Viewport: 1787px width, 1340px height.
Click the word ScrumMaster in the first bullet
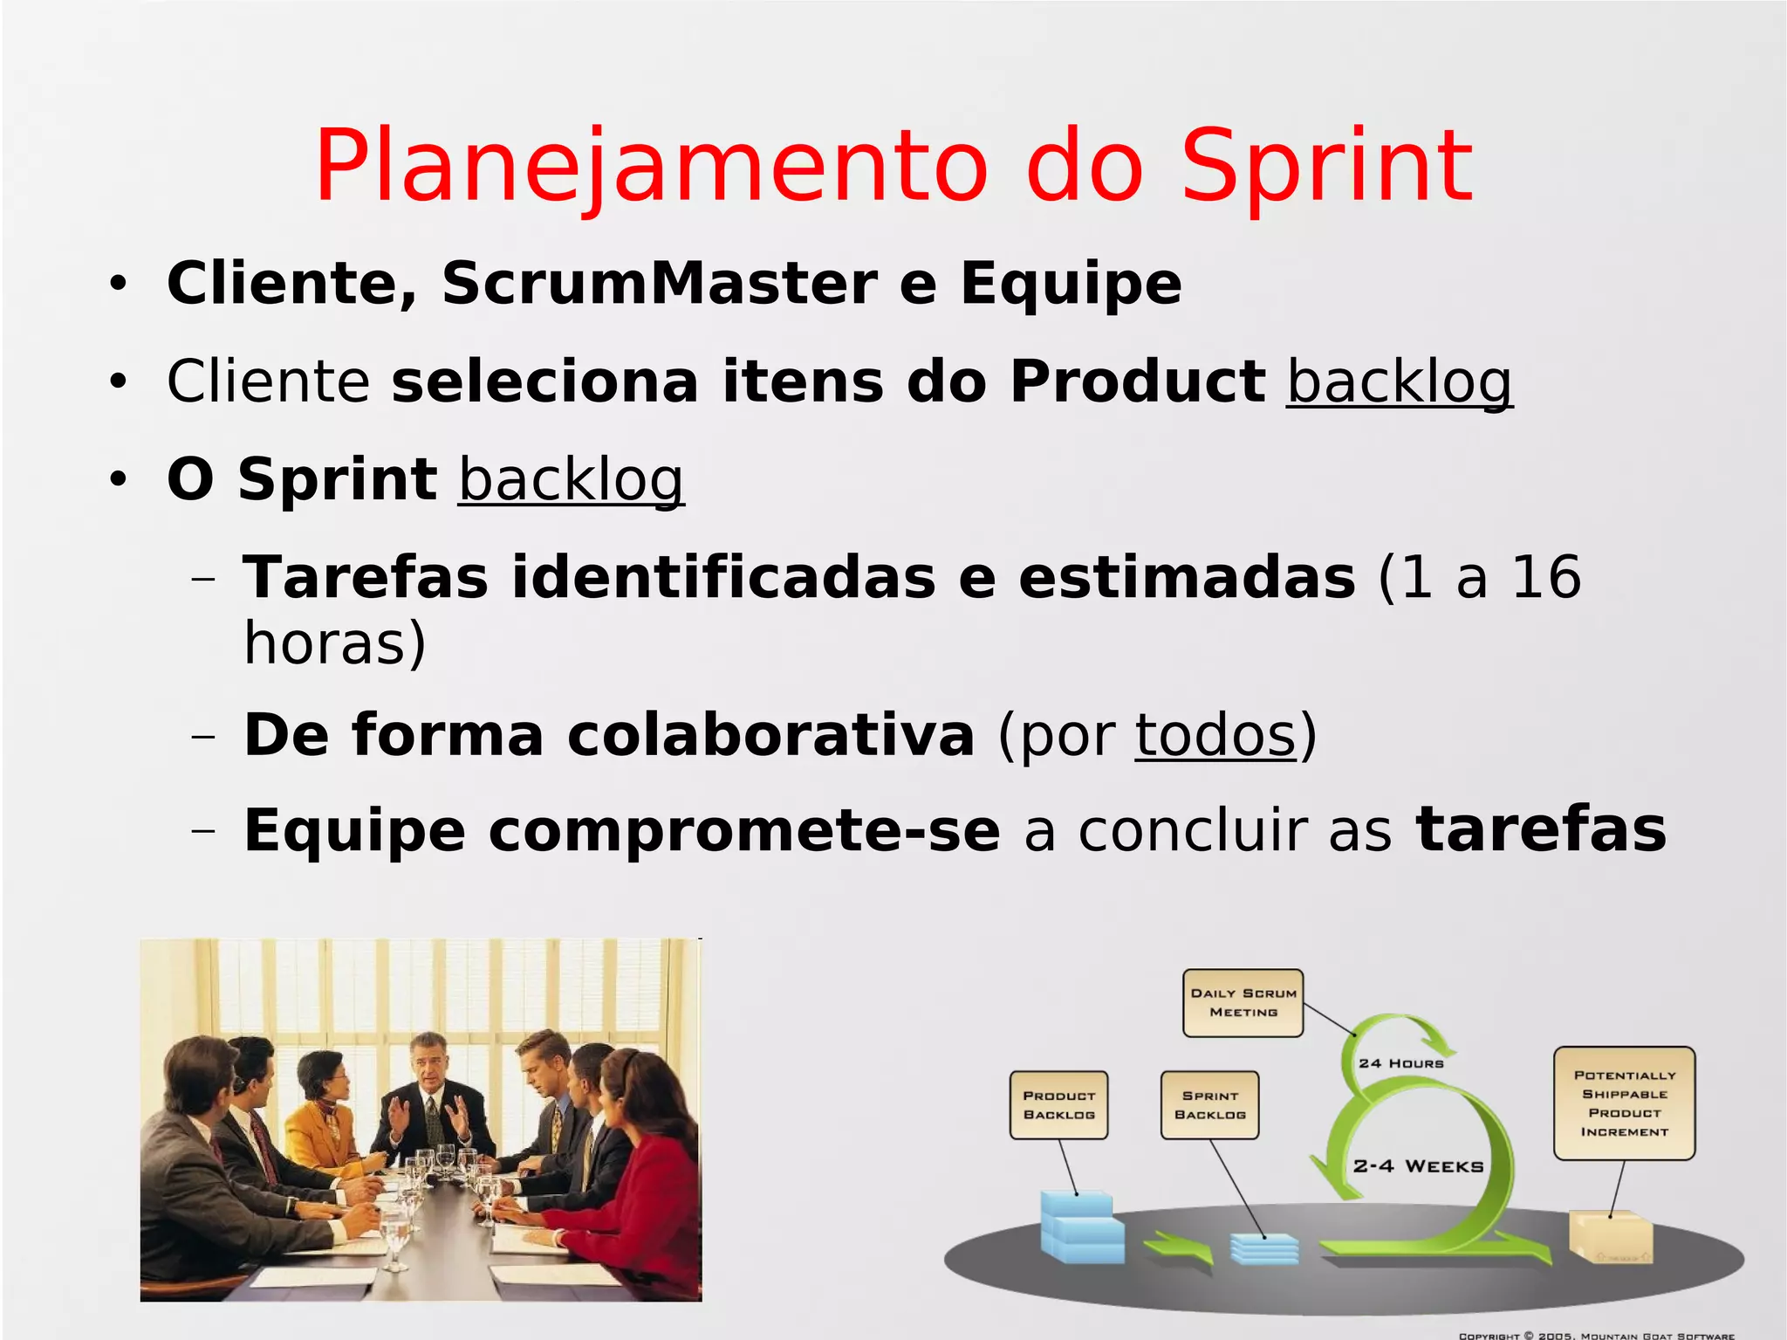[x=659, y=284]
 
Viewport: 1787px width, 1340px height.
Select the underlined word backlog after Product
[x=1399, y=382]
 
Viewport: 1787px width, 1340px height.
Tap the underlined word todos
[x=1215, y=735]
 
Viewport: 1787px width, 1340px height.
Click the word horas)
[x=334, y=643]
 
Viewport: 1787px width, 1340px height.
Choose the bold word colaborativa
[x=770, y=735]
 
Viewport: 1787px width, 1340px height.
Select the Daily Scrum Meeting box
[x=1243, y=1002]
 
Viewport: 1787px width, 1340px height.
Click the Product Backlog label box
[x=1058, y=1105]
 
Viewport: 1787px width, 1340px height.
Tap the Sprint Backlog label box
[x=1209, y=1105]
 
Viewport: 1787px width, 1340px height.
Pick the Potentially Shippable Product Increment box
[x=1624, y=1103]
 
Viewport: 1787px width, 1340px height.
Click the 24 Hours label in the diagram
[x=1400, y=1063]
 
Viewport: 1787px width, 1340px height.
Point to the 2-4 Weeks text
[x=1418, y=1166]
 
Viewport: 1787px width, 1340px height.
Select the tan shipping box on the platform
[x=1610, y=1236]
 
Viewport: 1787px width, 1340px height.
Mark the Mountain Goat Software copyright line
[x=1596, y=1335]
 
